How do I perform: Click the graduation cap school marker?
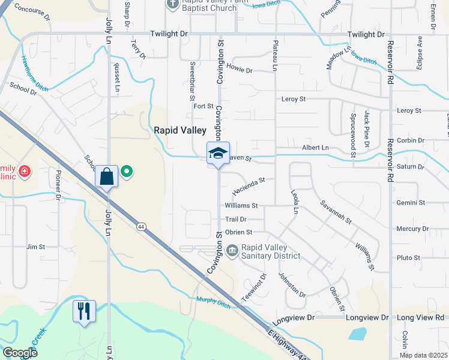click(218, 153)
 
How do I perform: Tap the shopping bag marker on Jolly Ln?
click(106, 176)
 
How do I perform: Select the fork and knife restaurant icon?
click(83, 311)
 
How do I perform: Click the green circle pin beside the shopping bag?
click(127, 172)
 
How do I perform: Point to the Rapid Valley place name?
click(180, 130)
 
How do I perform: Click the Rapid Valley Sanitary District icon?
click(232, 248)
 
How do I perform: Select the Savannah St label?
click(336, 212)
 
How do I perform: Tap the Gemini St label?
click(411, 203)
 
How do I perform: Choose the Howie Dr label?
click(240, 70)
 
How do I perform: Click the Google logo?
click(20, 353)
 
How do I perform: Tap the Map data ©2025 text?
click(423, 355)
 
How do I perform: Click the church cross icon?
click(172, 4)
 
